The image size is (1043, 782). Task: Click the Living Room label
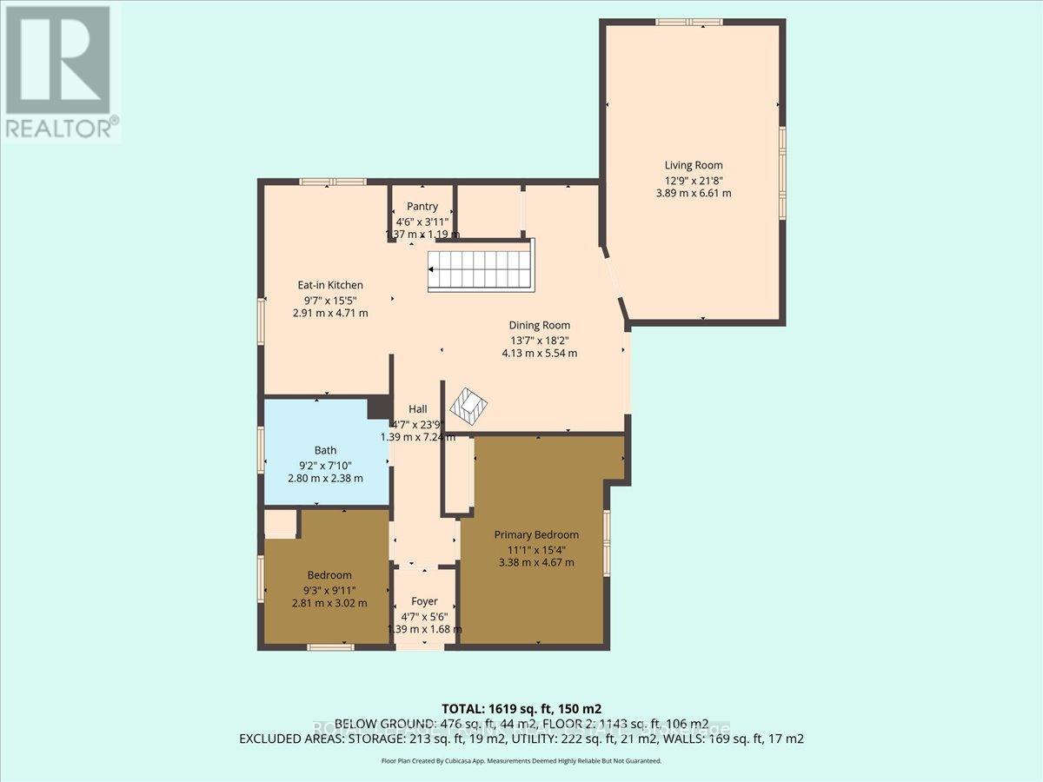(x=693, y=165)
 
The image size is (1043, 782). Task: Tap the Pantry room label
(x=422, y=207)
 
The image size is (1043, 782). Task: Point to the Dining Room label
(x=539, y=325)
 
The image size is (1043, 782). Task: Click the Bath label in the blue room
(x=325, y=450)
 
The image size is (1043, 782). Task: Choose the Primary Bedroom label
(x=536, y=534)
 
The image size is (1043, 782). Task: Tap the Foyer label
(x=424, y=601)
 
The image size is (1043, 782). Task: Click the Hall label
(x=417, y=409)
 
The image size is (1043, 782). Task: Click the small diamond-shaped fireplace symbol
(x=470, y=404)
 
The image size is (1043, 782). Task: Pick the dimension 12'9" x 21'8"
(x=693, y=180)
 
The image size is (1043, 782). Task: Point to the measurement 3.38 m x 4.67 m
(x=536, y=562)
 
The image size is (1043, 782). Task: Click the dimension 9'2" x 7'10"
(x=326, y=465)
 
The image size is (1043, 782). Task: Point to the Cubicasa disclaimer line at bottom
(x=521, y=760)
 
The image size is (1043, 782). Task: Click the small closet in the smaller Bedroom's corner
(x=281, y=523)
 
